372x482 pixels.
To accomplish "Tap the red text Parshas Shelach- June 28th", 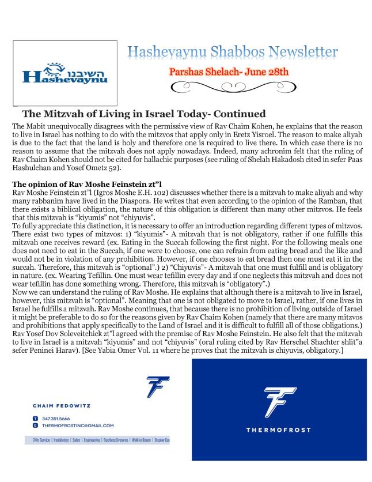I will (x=230, y=74).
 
